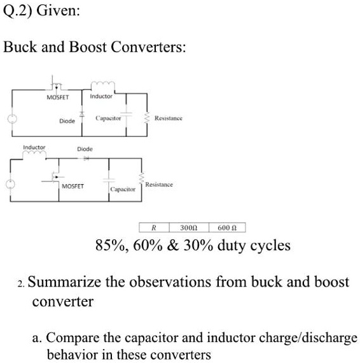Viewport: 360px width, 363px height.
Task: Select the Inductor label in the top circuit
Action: [101, 96]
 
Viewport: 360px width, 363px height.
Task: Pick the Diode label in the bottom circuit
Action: [85, 148]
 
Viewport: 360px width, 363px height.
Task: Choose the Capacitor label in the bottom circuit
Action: [122, 190]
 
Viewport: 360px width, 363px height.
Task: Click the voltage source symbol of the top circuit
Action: [10, 118]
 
